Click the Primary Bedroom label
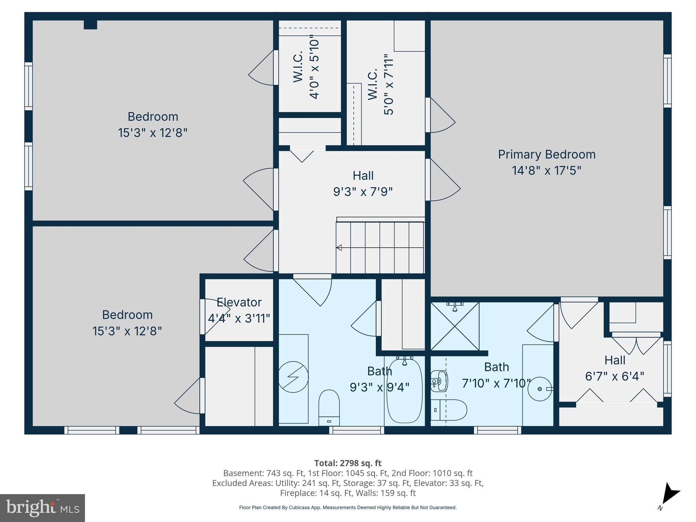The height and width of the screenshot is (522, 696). [x=546, y=155]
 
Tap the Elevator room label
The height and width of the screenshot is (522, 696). [x=239, y=302]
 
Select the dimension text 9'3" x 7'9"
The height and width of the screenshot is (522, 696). [x=363, y=192]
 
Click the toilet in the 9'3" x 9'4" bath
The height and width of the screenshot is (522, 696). [x=329, y=407]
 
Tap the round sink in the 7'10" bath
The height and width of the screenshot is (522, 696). [x=540, y=389]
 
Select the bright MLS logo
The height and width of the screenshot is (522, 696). [x=42, y=508]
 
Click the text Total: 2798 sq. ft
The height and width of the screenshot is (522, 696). [x=348, y=463]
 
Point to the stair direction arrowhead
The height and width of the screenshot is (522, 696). [x=339, y=248]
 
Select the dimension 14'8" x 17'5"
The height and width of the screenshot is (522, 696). [x=546, y=171]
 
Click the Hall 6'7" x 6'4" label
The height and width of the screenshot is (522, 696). [x=614, y=368]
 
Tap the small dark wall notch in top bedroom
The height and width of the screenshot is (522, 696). [x=90, y=25]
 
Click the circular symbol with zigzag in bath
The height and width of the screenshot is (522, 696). [x=293, y=377]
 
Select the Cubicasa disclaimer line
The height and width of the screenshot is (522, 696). [x=348, y=507]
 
